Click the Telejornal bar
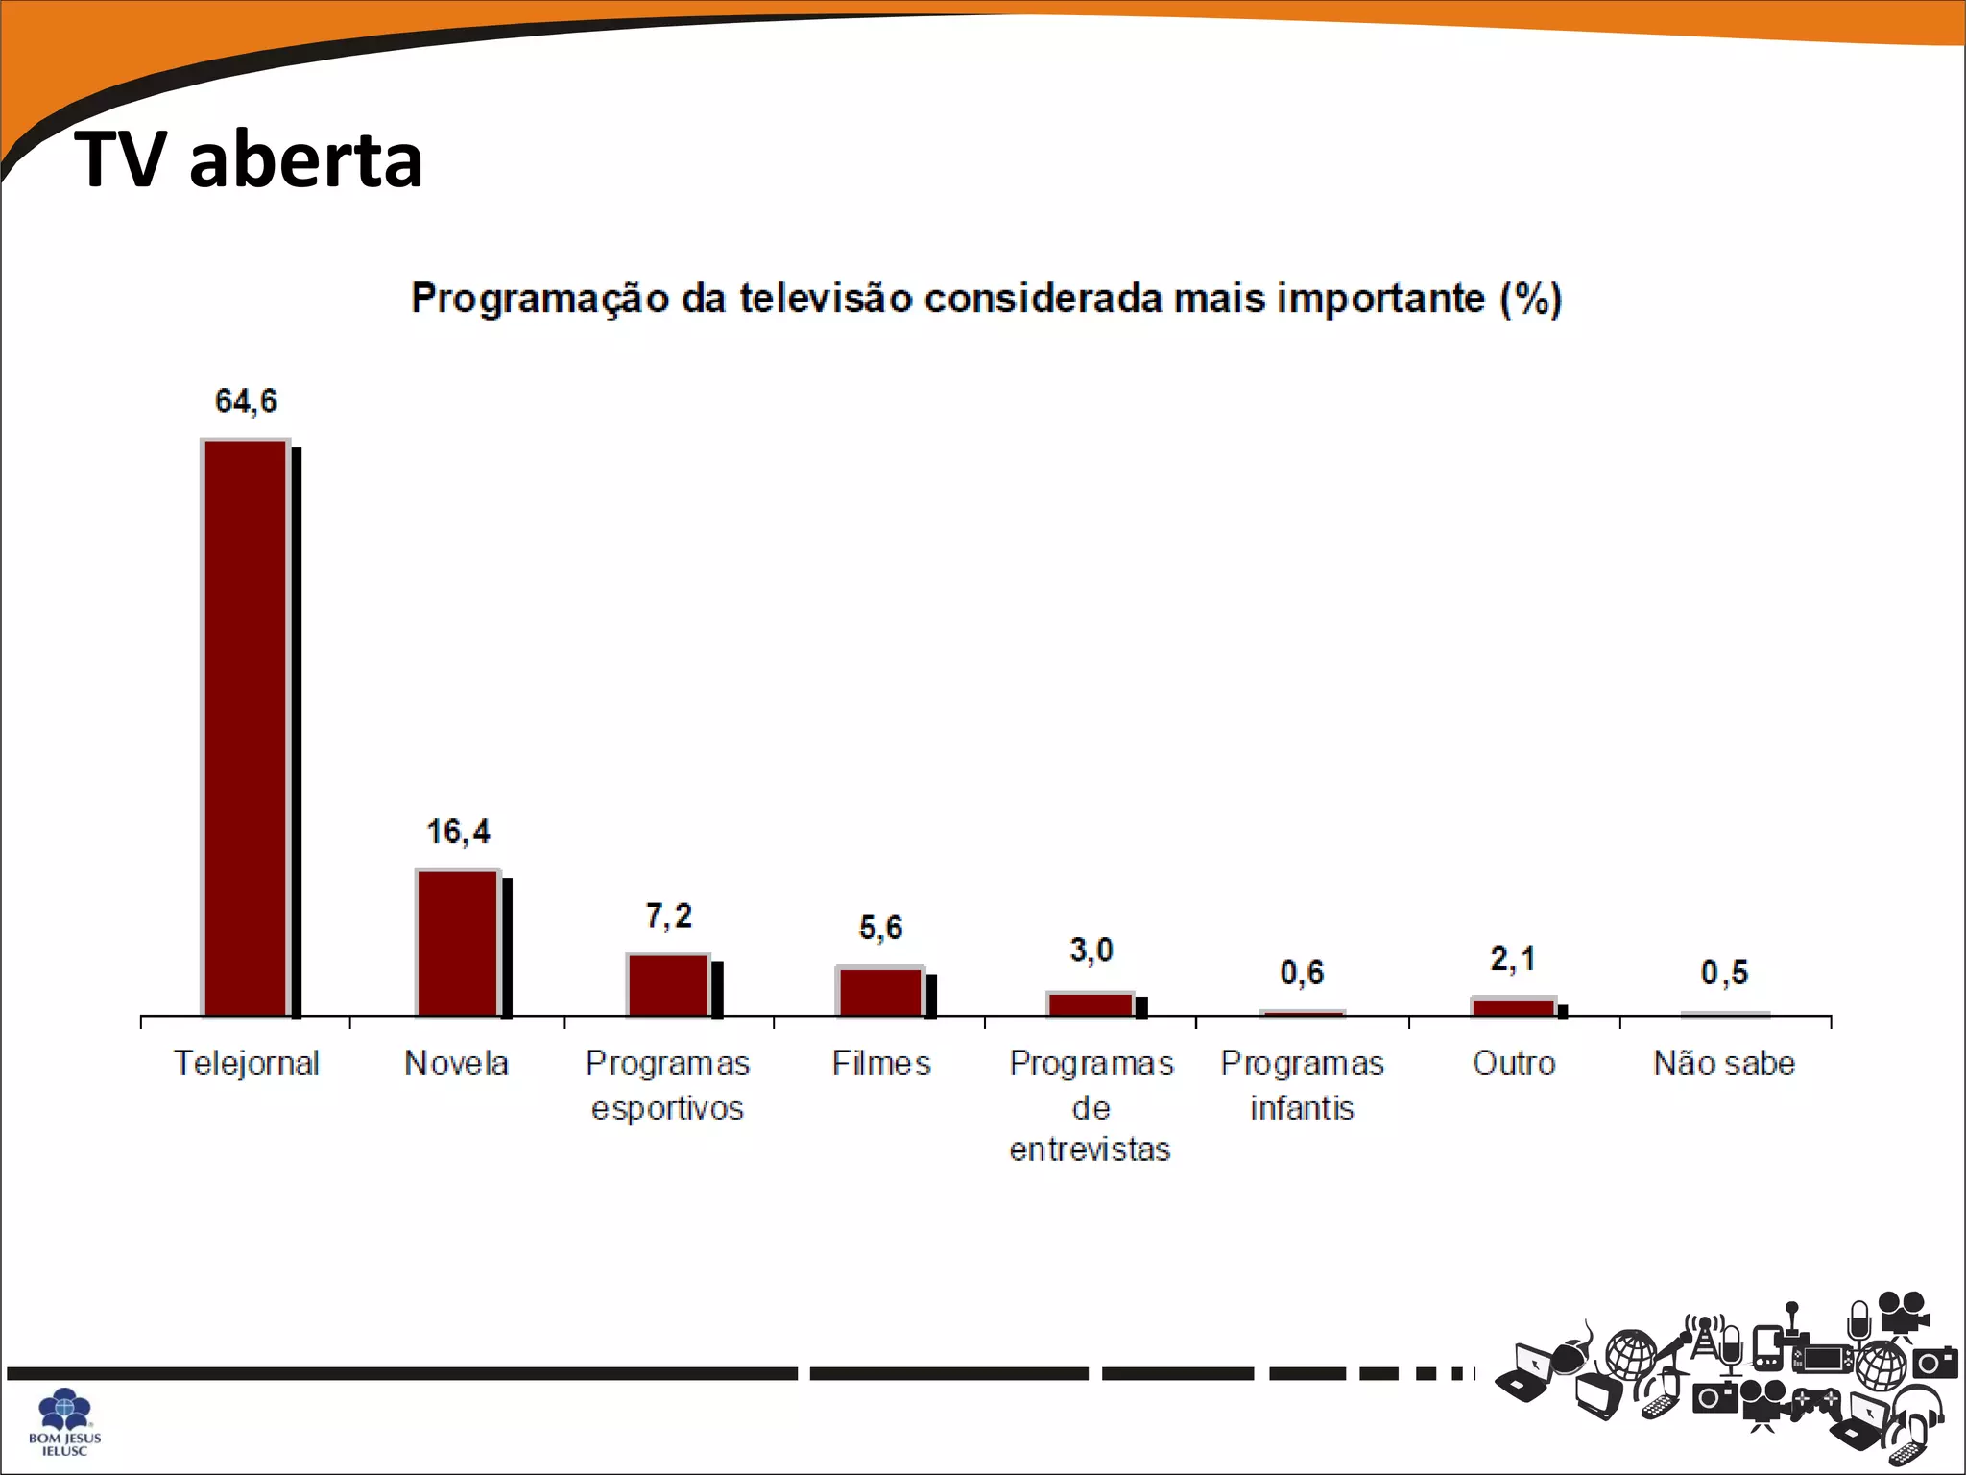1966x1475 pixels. pyautogui.click(x=246, y=728)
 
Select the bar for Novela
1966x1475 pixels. pyautogui.click(x=458, y=943)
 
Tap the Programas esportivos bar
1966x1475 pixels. pyautogui.click(x=669, y=984)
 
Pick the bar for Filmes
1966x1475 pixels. pyautogui.click(x=880, y=992)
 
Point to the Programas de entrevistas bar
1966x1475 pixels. pyautogui.click(x=1091, y=1004)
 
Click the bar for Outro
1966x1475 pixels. pyautogui.click(x=1513, y=1007)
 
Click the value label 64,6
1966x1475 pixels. pyautogui.click(x=246, y=401)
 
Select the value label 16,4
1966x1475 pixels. pyautogui.click(x=458, y=832)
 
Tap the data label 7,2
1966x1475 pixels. pyautogui.click(x=668, y=916)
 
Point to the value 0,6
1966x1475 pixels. pyautogui.click(x=1302, y=974)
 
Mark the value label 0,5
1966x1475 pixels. pyautogui.click(x=1724, y=974)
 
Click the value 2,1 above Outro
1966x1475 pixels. pyautogui.click(x=1513, y=958)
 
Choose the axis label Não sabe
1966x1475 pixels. pyautogui.click(x=1724, y=1063)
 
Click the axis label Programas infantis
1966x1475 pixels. pyautogui.click(x=1302, y=1085)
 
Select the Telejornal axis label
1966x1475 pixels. pyautogui.click(x=246, y=1063)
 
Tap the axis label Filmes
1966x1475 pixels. pyautogui.click(x=880, y=1063)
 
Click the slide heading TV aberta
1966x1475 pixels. pyautogui.click(x=249, y=159)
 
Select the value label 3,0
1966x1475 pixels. pyautogui.click(x=1091, y=951)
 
